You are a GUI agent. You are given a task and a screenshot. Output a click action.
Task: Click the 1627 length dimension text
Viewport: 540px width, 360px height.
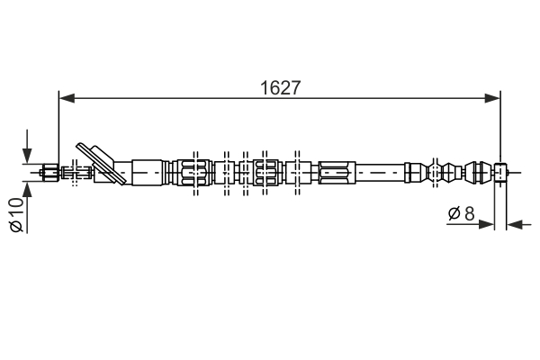[x=280, y=87]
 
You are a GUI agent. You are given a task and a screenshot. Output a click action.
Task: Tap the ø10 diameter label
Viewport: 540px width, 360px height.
[x=16, y=217]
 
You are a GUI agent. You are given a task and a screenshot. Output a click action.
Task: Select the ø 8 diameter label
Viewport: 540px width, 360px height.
[x=461, y=213]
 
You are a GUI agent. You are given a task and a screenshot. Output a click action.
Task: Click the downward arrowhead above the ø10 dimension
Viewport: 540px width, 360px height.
[x=28, y=157]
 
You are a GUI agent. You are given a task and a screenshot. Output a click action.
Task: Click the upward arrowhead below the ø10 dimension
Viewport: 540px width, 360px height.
[x=28, y=188]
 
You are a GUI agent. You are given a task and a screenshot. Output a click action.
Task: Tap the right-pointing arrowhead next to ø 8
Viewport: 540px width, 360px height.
[x=489, y=223]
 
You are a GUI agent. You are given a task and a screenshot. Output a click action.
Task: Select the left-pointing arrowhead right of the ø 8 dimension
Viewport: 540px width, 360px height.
[x=512, y=223]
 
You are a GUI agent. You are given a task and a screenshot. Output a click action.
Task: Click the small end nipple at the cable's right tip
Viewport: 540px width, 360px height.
[x=502, y=170]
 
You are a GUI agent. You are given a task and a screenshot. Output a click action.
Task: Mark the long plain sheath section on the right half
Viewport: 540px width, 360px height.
[x=382, y=170]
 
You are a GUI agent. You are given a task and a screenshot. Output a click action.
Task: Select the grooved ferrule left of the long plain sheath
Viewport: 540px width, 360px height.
[x=337, y=170]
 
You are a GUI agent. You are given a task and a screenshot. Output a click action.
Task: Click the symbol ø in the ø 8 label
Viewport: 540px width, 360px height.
[x=454, y=213]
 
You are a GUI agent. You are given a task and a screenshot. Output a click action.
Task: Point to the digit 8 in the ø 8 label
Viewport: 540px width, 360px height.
[x=469, y=213]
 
